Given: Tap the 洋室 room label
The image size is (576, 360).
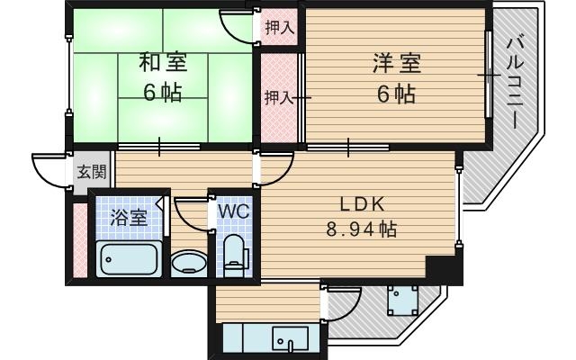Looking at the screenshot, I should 396,63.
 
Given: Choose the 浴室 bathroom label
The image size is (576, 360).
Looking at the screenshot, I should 128,217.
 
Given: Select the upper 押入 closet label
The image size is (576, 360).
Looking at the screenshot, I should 278,28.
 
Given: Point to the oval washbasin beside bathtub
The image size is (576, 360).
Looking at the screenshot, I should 188,264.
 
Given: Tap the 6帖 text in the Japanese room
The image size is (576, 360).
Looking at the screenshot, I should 162,93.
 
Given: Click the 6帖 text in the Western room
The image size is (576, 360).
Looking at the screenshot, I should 396,94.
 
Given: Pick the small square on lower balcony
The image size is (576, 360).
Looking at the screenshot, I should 401,298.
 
